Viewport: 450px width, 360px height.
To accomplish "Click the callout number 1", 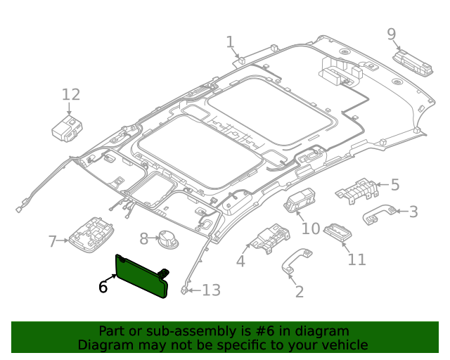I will tap(230, 43).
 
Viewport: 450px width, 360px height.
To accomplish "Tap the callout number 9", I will tap(392, 34).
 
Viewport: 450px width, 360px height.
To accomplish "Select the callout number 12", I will tap(71, 95).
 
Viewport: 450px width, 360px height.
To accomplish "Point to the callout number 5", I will tap(394, 185).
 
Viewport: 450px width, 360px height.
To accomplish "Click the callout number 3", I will tap(413, 211).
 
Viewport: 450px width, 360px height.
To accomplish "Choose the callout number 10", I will tap(311, 229).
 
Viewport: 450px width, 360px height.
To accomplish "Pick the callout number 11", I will tap(357, 259).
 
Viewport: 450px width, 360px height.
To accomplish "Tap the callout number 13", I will tap(211, 290).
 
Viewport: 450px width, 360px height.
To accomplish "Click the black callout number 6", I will tap(103, 287).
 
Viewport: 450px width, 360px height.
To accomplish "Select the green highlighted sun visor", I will tap(142, 276).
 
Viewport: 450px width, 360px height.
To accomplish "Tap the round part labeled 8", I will tap(167, 239).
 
